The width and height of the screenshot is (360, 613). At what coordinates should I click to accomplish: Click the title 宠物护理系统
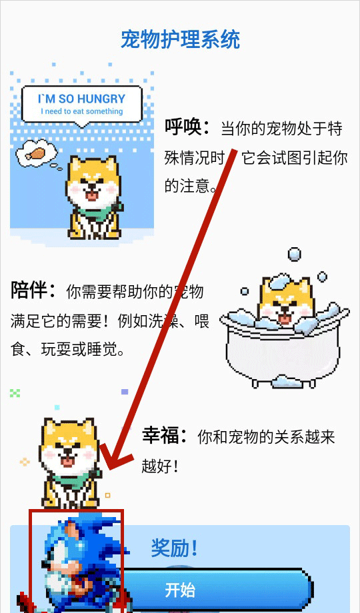tap(180, 39)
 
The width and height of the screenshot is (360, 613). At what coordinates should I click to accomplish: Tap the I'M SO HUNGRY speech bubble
tap(81, 105)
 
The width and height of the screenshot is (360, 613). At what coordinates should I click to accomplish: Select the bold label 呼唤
tap(187, 127)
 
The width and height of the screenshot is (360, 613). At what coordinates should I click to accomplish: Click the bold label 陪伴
tap(33, 291)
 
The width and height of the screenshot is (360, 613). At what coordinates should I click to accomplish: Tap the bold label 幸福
tap(165, 436)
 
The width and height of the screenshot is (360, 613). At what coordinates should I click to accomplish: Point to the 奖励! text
tap(175, 548)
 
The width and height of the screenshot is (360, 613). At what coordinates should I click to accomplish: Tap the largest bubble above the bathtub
tap(295, 254)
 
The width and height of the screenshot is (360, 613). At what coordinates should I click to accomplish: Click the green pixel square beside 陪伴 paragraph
tap(15, 393)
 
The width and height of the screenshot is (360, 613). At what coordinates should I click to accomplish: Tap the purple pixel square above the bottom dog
tap(125, 392)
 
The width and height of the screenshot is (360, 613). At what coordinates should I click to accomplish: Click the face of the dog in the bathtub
tap(285, 304)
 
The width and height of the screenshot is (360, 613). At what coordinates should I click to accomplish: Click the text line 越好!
tap(159, 466)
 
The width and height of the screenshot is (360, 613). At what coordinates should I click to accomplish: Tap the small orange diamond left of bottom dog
tap(25, 462)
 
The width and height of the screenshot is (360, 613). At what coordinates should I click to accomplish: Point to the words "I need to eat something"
tap(82, 111)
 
